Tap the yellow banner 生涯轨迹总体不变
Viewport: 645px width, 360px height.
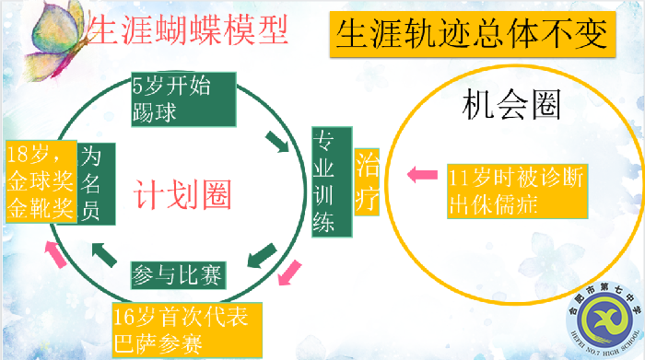[471, 35]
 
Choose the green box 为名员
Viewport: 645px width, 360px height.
[96, 183]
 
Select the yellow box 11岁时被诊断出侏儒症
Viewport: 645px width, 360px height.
[517, 191]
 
